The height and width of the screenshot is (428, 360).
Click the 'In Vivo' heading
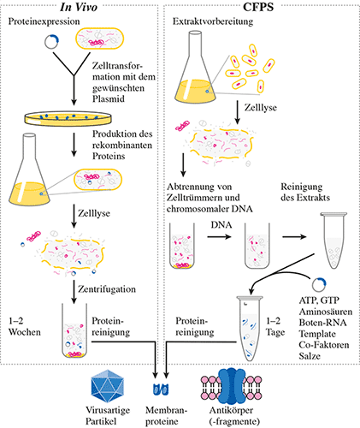pyautogui.click(x=79, y=7)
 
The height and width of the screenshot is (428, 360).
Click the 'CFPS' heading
pyautogui.click(x=258, y=7)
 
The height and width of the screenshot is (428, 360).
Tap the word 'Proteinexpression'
pyautogui.click(x=44, y=21)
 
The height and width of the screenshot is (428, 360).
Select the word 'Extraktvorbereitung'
pyautogui.click(x=213, y=21)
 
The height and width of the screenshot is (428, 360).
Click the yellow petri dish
pyautogui.click(x=68, y=118)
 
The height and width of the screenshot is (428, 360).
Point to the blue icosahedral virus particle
pyautogui.click(x=108, y=386)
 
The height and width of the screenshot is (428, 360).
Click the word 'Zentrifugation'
pyautogui.click(x=107, y=289)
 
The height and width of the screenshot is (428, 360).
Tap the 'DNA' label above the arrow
pyautogui.click(x=221, y=225)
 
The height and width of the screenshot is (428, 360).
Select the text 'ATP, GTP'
pyautogui.click(x=319, y=300)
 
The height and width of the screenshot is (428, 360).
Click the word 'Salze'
pyautogui.click(x=310, y=356)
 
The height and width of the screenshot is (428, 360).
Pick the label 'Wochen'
pyautogui.click(x=25, y=332)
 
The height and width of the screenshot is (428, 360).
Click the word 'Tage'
pyautogui.click(x=275, y=332)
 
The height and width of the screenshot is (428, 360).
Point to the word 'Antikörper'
pyautogui.click(x=231, y=410)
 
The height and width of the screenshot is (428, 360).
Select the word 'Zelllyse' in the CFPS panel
pyautogui.click(x=261, y=108)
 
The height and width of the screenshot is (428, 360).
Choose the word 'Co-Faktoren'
pyautogui.click(x=324, y=345)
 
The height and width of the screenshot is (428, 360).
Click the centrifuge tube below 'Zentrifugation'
pyautogui.click(x=74, y=330)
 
